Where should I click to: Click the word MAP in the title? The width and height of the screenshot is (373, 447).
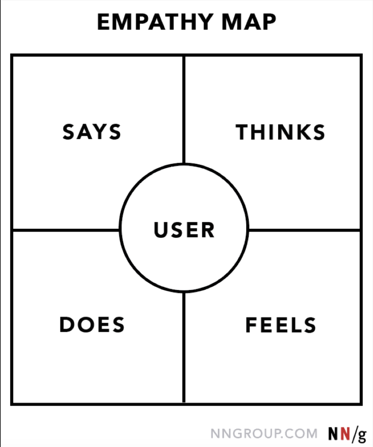pos(249,22)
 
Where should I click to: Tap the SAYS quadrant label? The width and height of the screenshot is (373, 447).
pos(92,132)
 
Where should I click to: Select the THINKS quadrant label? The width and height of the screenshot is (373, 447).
pos(280,132)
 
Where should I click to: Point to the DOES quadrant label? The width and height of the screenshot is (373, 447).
pos(92,325)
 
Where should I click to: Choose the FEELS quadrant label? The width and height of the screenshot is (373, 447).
pos(281,325)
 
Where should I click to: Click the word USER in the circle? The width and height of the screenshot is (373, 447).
pos(184,230)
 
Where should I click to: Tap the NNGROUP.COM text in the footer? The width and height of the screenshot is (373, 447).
pos(264,434)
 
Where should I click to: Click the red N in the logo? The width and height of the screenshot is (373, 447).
pos(345,433)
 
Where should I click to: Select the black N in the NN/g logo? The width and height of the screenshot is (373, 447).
pos(334,433)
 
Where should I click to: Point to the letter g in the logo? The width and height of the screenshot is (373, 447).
pos(362,435)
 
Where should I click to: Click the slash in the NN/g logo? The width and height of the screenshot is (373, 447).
pos(354,434)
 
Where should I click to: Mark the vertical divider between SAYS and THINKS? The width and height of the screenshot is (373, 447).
pos(184,110)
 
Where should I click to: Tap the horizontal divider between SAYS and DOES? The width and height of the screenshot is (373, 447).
pos(66,230)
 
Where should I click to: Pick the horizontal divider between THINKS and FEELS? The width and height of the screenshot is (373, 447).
pos(304,230)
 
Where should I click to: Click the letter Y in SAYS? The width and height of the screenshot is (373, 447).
pos(100,132)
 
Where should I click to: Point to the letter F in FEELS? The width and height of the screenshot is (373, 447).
pos(251,325)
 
